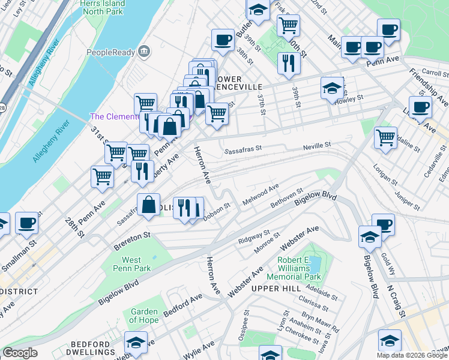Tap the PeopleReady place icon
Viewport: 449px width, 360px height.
[x=143, y=52]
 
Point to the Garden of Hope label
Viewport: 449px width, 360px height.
[x=144, y=316]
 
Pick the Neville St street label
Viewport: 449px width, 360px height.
[x=318, y=146]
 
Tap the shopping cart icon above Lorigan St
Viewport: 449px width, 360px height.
[x=385, y=137]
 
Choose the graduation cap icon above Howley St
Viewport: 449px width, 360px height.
[x=332, y=88]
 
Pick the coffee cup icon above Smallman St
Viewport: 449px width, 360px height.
[x=26, y=223]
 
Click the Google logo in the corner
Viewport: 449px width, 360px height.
[x=20, y=353]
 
